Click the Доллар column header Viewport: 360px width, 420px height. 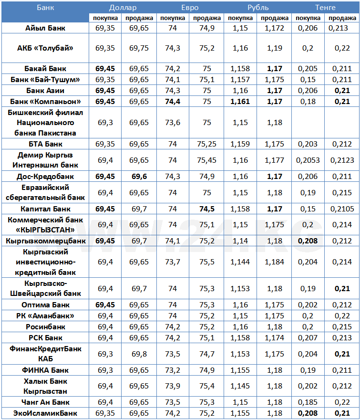[123, 8]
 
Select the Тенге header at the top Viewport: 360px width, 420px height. [325, 8]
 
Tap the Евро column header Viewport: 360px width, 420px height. [190, 8]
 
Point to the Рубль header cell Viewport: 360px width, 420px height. [258, 8]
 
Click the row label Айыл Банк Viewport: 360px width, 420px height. [46, 28]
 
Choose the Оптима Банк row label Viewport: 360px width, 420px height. [46, 305]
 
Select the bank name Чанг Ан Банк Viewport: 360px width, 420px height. [46, 402]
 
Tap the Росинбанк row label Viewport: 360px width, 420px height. [46, 327]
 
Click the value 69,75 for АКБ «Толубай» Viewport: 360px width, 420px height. [139, 48]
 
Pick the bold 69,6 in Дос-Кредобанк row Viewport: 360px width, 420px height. [139, 177]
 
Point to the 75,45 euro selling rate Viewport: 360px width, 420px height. [206, 160]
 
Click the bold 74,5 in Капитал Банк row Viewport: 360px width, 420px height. [206, 209]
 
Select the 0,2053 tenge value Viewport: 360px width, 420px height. [309, 160]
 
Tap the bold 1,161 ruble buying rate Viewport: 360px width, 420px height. [241, 101]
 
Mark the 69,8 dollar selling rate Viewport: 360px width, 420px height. [139, 354]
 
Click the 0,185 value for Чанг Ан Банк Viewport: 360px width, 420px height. [309, 402]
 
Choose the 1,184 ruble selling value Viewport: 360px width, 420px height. [275, 262]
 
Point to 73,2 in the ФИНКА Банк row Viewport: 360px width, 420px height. [173, 370]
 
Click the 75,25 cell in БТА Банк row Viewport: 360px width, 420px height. [206, 144]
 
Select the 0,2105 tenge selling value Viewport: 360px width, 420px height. [342, 209]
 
